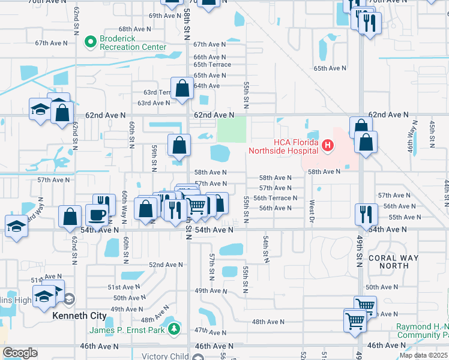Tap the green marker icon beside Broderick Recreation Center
point(91,42)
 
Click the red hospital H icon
point(327,145)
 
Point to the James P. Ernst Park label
point(128,329)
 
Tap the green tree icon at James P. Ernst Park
point(174,328)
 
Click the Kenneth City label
point(80,316)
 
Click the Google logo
point(20,353)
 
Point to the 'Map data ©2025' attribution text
point(424,355)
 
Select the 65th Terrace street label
point(212,65)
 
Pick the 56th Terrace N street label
point(275,198)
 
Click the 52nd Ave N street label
point(166,265)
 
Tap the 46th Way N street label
point(412,137)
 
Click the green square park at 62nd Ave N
point(232,130)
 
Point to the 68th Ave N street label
point(134,29)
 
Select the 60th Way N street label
point(124,202)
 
